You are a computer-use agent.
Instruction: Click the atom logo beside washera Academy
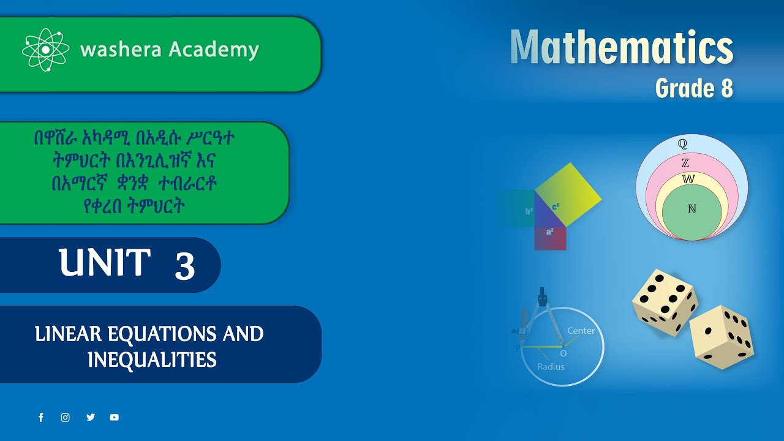[47, 50]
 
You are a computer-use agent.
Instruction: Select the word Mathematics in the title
[621, 48]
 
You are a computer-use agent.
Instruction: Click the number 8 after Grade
[726, 89]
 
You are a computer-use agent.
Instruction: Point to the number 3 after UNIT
[184, 266]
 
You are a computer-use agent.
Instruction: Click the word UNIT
[105, 263]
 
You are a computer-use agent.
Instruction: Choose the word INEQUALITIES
[152, 360]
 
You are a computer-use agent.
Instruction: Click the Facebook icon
[41, 418]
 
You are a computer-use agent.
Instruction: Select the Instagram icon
[66, 418]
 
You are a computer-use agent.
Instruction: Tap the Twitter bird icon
[91, 418]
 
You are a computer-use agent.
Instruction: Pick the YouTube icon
[115, 418]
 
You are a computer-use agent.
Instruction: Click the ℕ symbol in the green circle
[692, 209]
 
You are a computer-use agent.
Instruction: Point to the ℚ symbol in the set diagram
[682, 144]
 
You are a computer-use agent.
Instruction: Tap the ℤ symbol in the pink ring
[685, 163]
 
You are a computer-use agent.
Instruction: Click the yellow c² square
[568, 195]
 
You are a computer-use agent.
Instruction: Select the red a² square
[550, 238]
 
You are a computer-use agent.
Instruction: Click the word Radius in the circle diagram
[551, 367]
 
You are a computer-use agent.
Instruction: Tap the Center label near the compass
[581, 331]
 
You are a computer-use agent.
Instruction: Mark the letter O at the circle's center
[563, 353]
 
